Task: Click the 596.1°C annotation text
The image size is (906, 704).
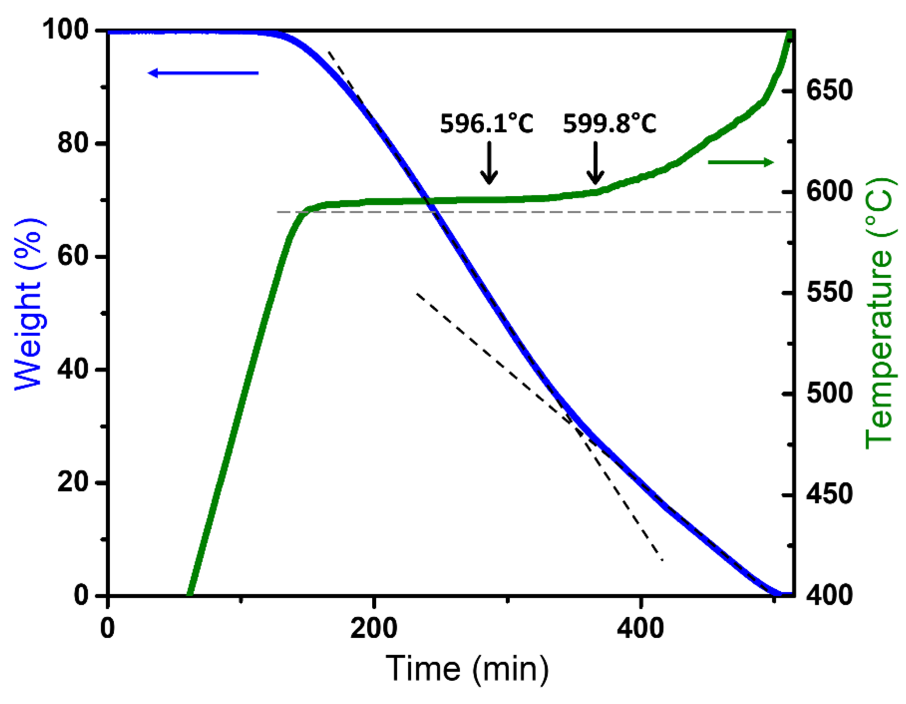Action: pyautogui.click(x=486, y=123)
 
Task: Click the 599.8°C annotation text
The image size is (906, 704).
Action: pyautogui.click(x=610, y=123)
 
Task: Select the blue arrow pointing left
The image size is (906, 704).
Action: pyautogui.click(x=203, y=73)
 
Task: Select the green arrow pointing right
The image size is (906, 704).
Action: pyautogui.click(x=740, y=162)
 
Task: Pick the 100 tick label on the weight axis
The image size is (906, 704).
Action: pyautogui.click(x=66, y=30)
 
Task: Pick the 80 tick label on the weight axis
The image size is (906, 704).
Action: pyautogui.click(x=73, y=143)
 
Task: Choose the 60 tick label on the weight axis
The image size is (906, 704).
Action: pyautogui.click(x=73, y=256)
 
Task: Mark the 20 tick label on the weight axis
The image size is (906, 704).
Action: pyautogui.click(x=73, y=482)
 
